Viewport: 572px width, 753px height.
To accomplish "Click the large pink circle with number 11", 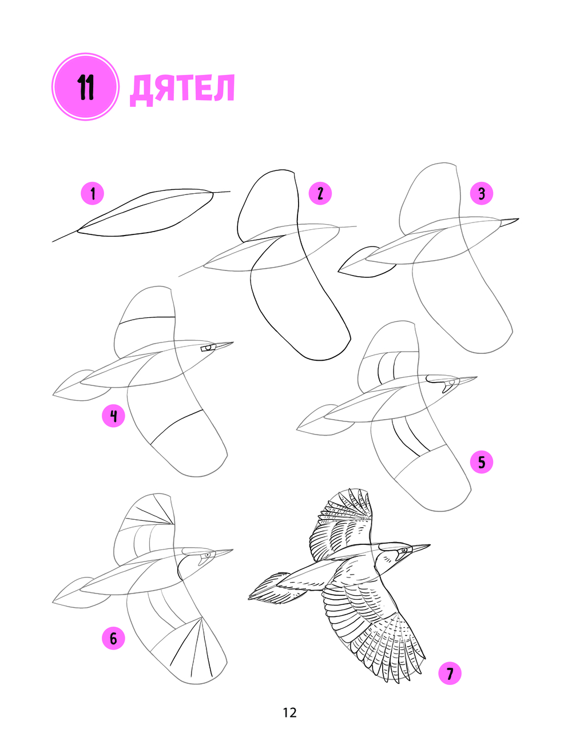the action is pyautogui.click(x=85, y=86).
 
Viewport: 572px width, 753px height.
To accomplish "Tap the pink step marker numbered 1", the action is pyautogui.click(x=92, y=193).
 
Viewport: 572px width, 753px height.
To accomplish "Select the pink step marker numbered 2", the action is pyautogui.click(x=320, y=193).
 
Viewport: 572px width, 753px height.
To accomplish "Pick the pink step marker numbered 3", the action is pyautogui.click(x=482, y=193).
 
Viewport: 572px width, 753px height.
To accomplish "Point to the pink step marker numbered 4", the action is pyautogui.click(x=114, y=416).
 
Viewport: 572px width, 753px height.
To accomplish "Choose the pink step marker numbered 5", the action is pyautogui.click(x=482, y=462).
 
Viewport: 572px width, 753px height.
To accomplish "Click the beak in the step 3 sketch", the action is pyautogui.click(x=509, y=222).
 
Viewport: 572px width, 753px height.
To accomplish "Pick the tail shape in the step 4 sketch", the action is pyautogui.click(x=81, y=385).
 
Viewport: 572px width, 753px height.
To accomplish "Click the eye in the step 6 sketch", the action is pyautogui.click(x=207, y=555).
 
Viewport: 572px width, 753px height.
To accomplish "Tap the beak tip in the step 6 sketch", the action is pyautogui.click(x=233, y=549).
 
